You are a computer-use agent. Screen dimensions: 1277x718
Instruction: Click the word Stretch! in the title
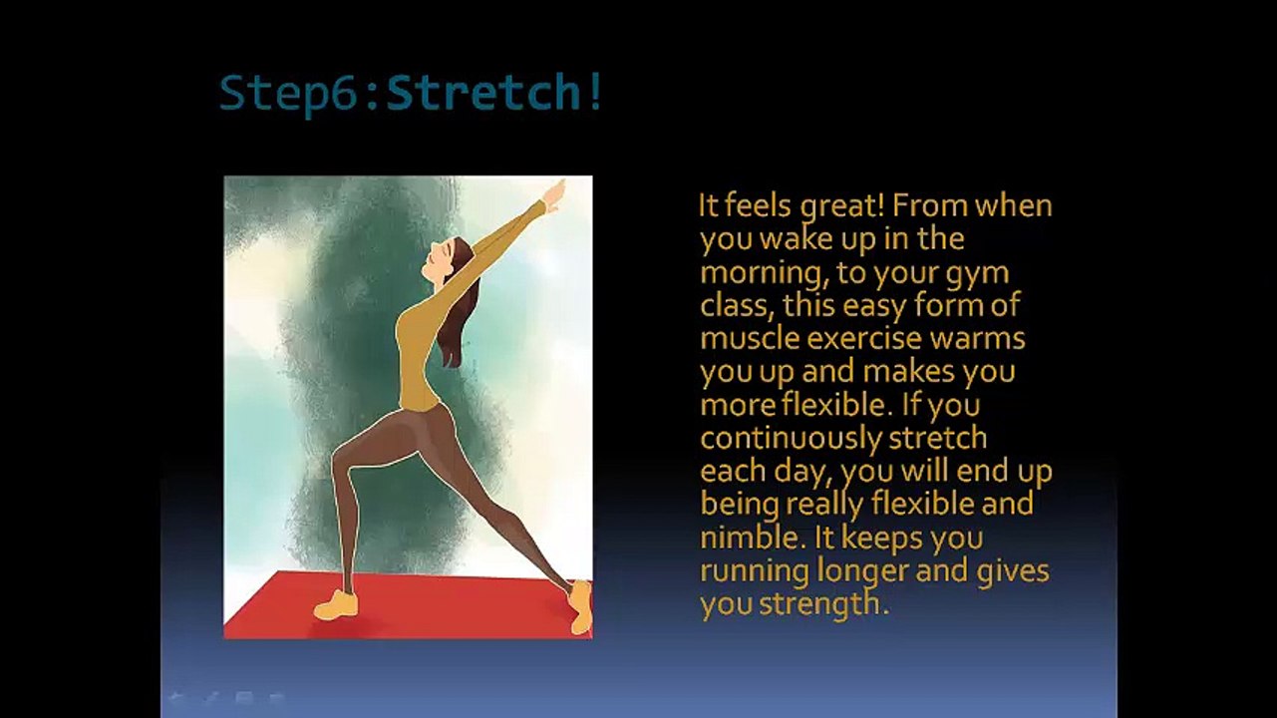(x=493, y=92)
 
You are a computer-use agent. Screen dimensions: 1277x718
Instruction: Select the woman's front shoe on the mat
(x=336, y=605)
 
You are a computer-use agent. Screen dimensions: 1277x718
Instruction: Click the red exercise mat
(x=408, y=604)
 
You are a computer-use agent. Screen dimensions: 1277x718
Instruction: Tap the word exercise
(x=863, y=338)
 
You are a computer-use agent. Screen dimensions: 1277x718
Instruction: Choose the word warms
(x=977, y=338)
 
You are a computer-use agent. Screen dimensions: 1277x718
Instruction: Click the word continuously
(x=791, y=439)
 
